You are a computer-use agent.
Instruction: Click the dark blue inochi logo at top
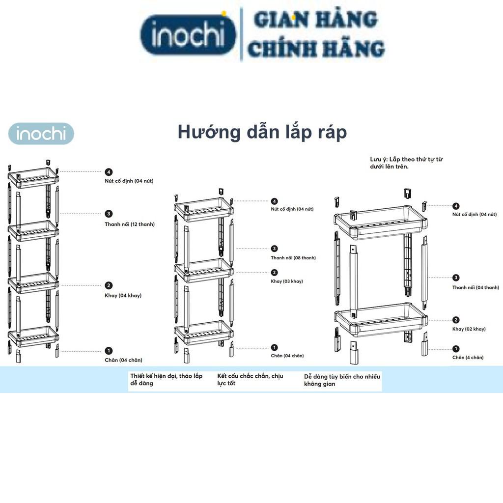click(188, 35)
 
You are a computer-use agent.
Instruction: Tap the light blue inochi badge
click(41, 134)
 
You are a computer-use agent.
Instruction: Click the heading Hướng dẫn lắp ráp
click(262, 132)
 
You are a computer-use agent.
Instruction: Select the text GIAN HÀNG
click(315, 20)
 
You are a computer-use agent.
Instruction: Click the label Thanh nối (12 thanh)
click(130, 224)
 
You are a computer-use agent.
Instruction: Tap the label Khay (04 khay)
click(123, 295)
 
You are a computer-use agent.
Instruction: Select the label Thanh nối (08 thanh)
click(293, 258)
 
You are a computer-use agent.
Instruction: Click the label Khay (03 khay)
click(287, 281)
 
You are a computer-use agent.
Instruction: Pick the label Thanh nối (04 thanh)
click(475, 287)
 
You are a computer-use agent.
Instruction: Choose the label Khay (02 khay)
click(469, 329)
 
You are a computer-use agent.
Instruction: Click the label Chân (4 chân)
click(468, 358)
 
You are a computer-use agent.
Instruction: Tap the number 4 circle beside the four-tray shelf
click(109, 172)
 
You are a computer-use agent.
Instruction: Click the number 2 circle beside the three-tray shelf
click(274, 273)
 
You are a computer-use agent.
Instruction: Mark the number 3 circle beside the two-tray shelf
click(456, 278)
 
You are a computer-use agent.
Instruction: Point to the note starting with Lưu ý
click(407, 163)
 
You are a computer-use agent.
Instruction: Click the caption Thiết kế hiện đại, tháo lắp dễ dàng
click(167, 380)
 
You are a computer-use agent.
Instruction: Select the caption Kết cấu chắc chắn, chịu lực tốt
click(251, 380)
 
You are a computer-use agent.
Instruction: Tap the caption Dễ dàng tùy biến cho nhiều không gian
click(342, 380)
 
